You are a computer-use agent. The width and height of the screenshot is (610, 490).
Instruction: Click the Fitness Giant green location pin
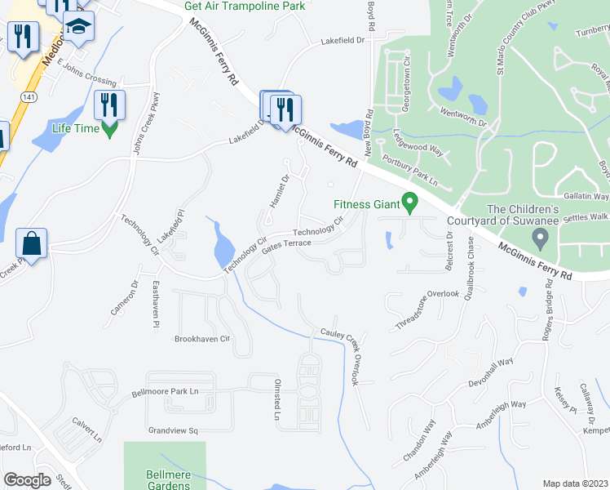[x=412, y=199]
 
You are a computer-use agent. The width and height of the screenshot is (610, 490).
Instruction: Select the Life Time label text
[x=75, y=128]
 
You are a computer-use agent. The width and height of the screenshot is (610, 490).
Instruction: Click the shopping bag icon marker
[x=31, y=243]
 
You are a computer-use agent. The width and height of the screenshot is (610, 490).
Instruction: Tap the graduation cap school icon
[x=78, y=28]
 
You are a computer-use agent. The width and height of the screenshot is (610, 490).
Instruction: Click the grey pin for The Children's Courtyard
[x=539, y=239]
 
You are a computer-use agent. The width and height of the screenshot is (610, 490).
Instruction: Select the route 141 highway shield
[x=29, y=96]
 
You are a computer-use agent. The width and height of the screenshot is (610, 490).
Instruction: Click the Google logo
[x=27, y=479]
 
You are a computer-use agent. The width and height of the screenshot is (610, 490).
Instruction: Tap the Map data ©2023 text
[x=575, y=483]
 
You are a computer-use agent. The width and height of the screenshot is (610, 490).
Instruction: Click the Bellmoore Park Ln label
[x=166, y=393]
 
